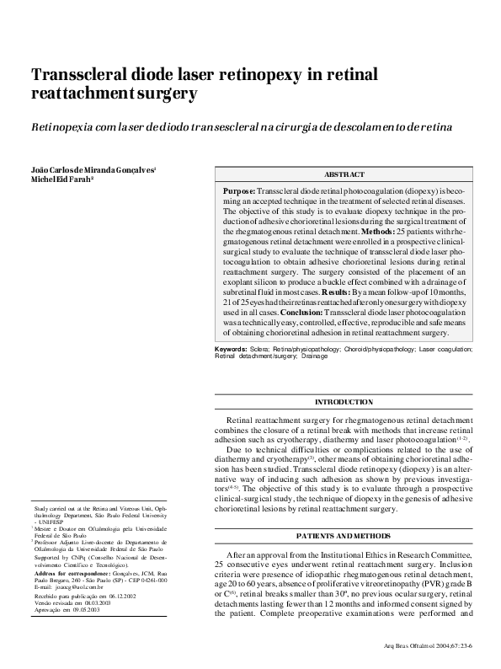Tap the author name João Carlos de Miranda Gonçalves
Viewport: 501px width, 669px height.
point(93,169)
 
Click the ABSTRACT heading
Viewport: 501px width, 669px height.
point(344,174)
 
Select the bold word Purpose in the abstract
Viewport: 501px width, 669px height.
point(239,192)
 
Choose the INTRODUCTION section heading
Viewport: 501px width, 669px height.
point(344,402)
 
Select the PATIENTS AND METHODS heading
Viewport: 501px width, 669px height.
point(344,536)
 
